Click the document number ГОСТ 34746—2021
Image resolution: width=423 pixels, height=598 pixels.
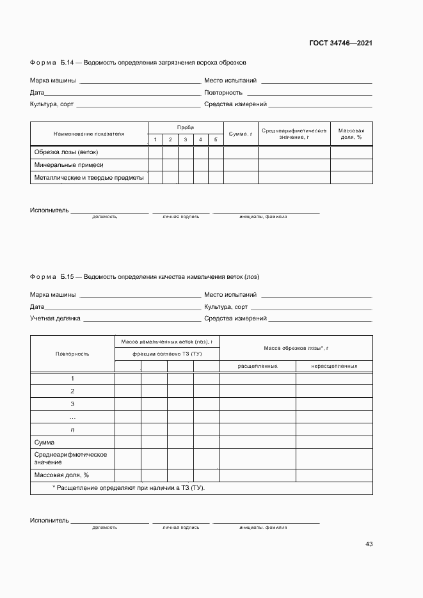(x=342, y=43)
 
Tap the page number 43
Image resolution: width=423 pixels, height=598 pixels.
(x=369, y=544)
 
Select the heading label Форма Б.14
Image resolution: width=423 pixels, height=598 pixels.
(x=52, y=63)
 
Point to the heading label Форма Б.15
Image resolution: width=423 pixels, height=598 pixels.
(x=52, y=277)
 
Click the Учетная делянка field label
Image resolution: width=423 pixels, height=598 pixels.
(x=55, y=318)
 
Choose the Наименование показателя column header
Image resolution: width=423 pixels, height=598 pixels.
(x=89, y=134)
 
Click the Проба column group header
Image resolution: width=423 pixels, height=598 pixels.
(x=186, y=128)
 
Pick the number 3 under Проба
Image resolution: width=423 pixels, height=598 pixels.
(x=186, y=140)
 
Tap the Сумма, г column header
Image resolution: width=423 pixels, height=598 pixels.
(x=241, y=134)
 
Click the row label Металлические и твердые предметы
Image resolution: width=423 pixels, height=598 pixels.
(x=89, y=177)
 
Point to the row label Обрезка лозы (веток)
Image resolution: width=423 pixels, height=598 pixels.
(x=66, y=152)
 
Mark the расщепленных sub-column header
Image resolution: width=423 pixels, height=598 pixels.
(x=257, y=366)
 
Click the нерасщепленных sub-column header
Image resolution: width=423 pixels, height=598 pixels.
(x=334, y=366)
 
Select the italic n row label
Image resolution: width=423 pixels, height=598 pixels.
(x=72, y=430)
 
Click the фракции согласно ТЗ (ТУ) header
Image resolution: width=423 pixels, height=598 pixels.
(x=167, y=354)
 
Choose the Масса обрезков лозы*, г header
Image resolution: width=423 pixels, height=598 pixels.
(x=296, y=348)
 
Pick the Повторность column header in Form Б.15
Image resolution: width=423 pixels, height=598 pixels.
(x=72, y=354)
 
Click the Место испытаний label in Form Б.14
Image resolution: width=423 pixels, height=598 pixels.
(x=230, y=81)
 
